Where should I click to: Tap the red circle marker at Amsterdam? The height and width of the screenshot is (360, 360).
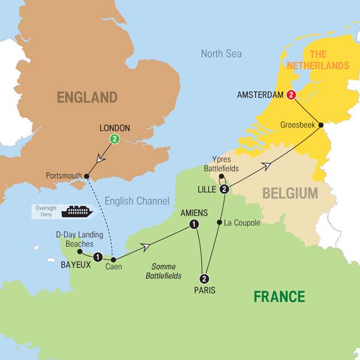pos(292,95)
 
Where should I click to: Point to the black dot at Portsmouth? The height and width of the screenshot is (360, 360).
pos(87,176)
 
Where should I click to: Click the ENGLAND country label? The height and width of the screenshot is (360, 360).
pos(87,97)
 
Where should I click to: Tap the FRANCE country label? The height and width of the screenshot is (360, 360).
pos(278,296)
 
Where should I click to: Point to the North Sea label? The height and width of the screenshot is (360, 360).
pos(221,53)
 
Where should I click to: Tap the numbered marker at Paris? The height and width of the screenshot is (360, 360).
pos(205,278)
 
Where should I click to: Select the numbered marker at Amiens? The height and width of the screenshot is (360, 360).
pos(193,224)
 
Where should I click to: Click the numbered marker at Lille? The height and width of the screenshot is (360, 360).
pos(224,190)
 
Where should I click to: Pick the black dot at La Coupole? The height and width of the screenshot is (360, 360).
pos(218,223)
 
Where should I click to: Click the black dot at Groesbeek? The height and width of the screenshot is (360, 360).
pos(320,125)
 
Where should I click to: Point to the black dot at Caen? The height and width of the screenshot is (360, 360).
pos(113,259)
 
